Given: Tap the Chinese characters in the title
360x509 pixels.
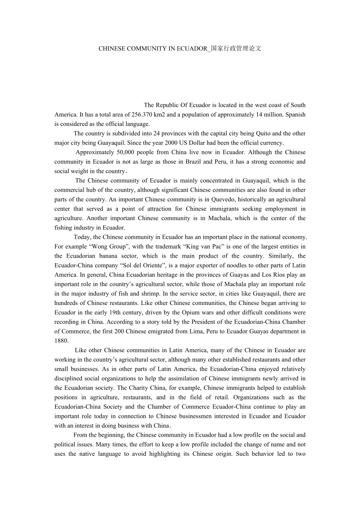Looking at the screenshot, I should [236, 49].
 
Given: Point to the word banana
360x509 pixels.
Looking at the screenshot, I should [112, 256].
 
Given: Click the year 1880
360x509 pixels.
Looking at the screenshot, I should [61, 341].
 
